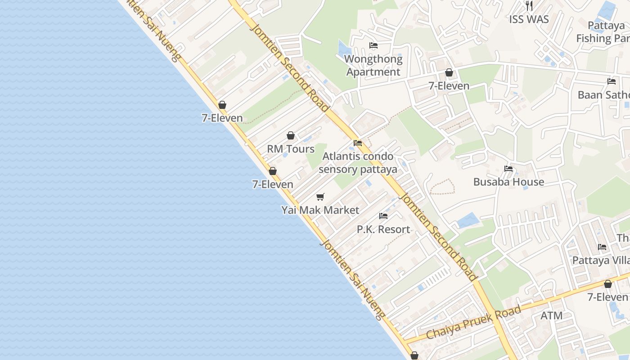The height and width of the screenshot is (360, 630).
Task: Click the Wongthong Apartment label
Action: point(373,66)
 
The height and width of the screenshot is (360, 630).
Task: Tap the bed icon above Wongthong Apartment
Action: point(373,45)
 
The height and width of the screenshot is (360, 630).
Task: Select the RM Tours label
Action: point(291,149)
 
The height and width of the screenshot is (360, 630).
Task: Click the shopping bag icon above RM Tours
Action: point(291,135)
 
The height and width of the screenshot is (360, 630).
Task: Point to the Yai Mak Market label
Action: point(320,210)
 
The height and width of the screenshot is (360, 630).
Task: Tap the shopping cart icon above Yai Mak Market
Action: point(320,197)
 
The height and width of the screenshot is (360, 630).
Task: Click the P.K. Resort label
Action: point(383,229)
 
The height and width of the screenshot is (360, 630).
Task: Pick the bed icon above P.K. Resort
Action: point(383,216)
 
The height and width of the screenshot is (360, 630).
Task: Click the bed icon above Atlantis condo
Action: point(358,143)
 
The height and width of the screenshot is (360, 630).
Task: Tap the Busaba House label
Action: point(508,182)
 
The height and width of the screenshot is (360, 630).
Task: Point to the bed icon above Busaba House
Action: point(508,169)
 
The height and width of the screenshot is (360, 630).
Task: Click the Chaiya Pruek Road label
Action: point(473,322)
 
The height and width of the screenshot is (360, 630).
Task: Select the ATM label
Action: point(551,316)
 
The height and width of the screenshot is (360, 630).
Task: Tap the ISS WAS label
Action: point(529,19)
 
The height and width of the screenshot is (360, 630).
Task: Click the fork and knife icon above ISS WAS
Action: point(529,6)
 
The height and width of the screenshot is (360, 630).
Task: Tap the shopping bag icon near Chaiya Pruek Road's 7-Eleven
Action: point(608,284)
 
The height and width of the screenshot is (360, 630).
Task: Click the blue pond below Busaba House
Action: point(468,220)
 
